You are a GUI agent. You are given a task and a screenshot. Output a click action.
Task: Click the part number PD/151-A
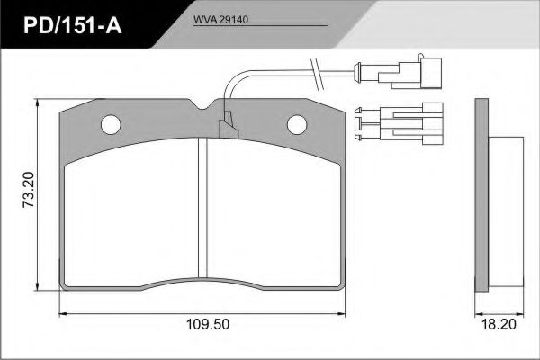(x=73, y=26)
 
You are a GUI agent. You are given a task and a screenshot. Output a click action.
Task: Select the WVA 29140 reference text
(x=220, y=20)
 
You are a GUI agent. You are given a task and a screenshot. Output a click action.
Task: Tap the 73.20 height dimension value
(x=29, y=190)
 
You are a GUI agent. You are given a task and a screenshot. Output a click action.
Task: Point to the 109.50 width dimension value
(x=208, y=324)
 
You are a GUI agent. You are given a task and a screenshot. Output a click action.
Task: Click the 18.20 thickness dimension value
(x=499, y=324)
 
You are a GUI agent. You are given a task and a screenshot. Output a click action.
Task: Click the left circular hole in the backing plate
(x=111, y=124)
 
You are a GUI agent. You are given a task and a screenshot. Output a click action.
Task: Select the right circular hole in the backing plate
(x=297, y=124)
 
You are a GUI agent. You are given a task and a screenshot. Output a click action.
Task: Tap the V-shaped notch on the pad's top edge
(x=202, y=104)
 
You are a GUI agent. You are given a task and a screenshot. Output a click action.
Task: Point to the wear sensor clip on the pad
(x=229, y=126)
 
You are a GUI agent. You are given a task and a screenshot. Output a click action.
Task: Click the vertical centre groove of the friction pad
(x=203, y=207)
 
